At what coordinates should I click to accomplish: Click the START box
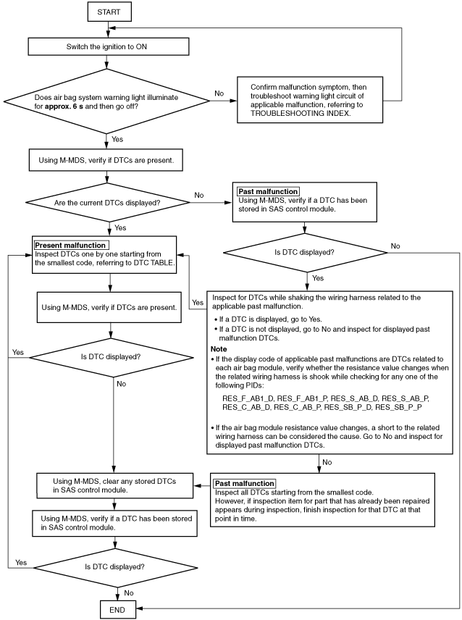109,12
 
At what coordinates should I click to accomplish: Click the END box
117,610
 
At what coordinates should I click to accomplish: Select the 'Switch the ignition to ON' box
109,46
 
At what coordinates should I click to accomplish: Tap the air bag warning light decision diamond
106,101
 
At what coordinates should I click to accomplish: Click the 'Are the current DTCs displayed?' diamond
107,203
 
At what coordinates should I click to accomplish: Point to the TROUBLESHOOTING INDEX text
301,113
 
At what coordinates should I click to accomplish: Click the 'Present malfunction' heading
70,245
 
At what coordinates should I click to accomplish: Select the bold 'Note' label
219,349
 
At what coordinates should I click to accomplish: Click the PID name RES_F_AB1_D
248,398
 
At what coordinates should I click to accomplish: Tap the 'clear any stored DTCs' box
114,485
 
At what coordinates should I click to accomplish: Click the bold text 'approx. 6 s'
64,106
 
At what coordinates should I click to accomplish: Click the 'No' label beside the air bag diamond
219,93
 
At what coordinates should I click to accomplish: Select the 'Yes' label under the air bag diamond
117,139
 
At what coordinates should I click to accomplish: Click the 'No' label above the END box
129,592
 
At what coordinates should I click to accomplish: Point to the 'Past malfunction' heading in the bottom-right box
245,483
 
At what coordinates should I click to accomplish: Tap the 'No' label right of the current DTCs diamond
199,195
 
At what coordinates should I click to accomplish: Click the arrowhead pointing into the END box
139,608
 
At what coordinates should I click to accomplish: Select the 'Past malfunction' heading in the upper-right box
268,191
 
